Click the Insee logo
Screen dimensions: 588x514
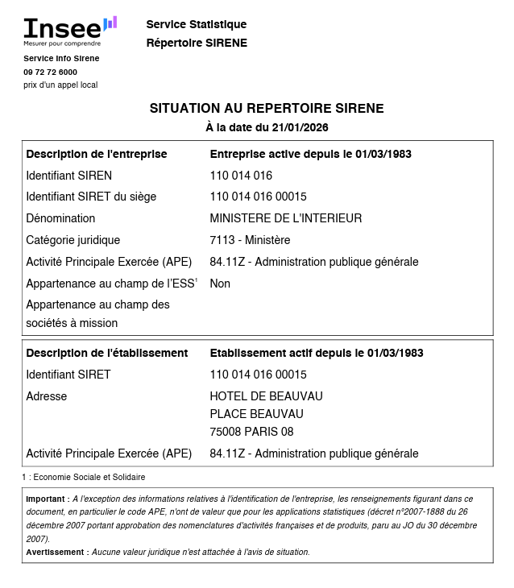click(69, 31)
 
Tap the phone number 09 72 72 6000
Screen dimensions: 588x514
click(50, 72)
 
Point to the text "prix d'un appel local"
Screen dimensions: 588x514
click(60, 85)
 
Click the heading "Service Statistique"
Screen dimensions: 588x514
click(197, 24)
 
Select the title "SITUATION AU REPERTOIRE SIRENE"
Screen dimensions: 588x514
click(267, 108)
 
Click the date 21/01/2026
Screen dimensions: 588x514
click(300, 127)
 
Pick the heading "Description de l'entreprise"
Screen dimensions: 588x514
click(97, 154)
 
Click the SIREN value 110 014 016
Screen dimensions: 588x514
click(241, 176)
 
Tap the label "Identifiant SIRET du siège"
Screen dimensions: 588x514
click(91, 197)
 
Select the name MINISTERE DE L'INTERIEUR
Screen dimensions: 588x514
click(286, 218)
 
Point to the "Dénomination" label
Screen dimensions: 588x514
click(60, 218)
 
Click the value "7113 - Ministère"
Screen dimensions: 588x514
click(250, 240)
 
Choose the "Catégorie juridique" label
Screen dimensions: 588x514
click(73, 240)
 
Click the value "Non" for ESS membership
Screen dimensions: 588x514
click(220, 284)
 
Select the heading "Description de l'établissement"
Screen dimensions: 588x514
click(107, 353)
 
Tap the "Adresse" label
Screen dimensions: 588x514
click(47, 396)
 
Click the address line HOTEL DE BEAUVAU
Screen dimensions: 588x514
click(266, 396)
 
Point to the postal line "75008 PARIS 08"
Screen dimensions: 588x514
click(251, 432)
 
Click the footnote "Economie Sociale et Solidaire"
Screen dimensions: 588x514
click(89, 478)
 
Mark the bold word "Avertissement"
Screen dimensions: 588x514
click(56, 553)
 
